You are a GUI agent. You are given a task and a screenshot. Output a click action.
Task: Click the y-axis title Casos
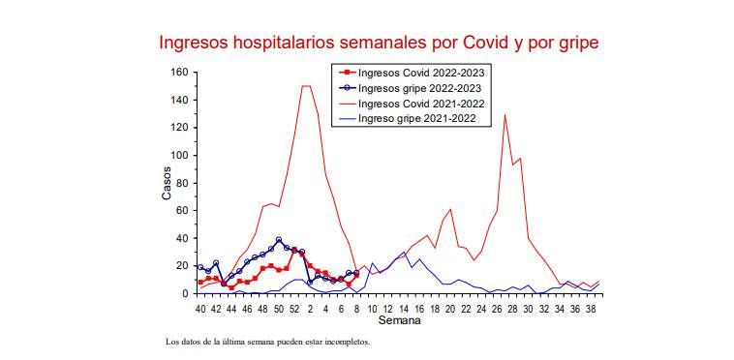(x=166, y=183)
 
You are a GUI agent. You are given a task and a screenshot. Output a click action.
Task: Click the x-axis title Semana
(x=399, y=320)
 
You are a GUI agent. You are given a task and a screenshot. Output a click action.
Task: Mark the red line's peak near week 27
(x=505, y=115)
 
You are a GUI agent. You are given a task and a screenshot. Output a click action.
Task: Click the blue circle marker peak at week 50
(x=279, y=240)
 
